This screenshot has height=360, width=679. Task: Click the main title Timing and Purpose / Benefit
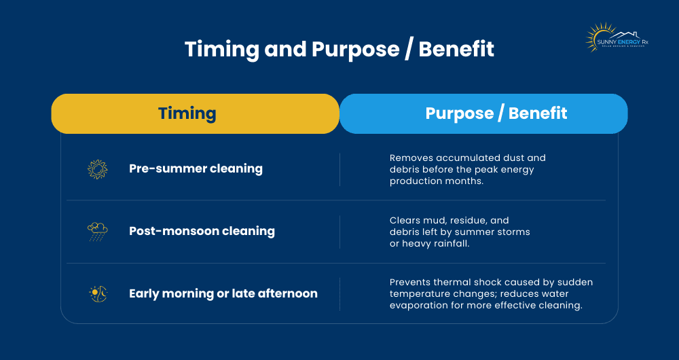[x=339, y=50]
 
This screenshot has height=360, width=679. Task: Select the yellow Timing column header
[x=195, y=113]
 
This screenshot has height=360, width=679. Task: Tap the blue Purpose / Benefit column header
[x=483, y=113]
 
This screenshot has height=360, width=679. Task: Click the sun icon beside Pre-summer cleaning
[x=98, y=169]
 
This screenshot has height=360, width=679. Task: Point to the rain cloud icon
[x=98, y=231]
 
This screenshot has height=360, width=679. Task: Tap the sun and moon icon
[x=98, y=293]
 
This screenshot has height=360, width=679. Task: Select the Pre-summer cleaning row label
[x=196, y=169]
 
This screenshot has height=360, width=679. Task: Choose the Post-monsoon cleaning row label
[x=202, y=231]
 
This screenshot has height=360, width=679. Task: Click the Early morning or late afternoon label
[x=223, y=293]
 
